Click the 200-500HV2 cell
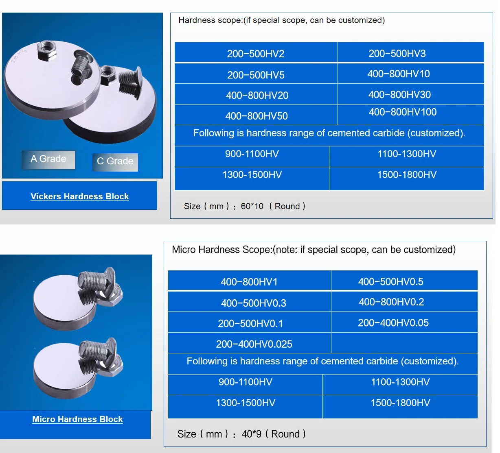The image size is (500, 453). [x=256, y=54]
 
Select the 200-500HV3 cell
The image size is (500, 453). [x=397, y=53]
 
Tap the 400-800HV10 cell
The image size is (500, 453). [x=399, y=74]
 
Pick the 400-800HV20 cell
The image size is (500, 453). [x=257, y=96]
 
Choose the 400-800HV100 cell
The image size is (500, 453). [x=402, y=112]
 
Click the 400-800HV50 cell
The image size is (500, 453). [x=257, y=116]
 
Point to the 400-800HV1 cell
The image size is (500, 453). [x=249, y=282]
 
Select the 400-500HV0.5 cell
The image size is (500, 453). [x=390, y=281]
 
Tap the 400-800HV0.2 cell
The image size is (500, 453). [x=391, y=302]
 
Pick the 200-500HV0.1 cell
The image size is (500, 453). [x=250, y=324]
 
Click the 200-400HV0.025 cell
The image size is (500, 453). [x=254, y=344]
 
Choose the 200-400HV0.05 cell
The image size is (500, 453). [x=393, y=323]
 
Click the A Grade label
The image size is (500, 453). [x=48, y=159]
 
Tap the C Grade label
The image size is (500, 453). [x=115, y=161]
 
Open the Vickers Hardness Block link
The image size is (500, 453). [x=79, y=196]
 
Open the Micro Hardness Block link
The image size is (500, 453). [x=77, y=419]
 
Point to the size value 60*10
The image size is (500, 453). [x=252, y=206]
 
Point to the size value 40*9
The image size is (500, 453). [x=252, y=434]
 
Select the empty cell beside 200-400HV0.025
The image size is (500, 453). [x=404, y=343]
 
